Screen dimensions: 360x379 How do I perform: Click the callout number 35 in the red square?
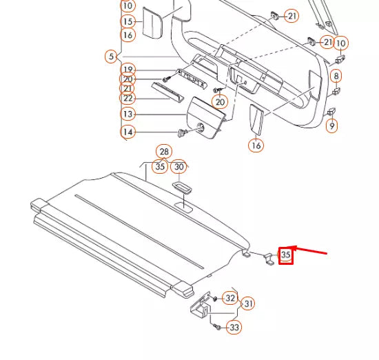coord(286,255)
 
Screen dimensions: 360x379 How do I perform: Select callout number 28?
coord(163,152)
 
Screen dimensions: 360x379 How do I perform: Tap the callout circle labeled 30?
coord(178,167)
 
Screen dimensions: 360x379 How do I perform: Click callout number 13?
coord(127,114)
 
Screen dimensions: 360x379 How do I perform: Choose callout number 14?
coord(127,132)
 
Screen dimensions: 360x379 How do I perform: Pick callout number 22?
coord(127,99)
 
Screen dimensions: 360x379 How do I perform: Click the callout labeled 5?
coord(110,55)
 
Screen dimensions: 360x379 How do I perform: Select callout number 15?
coord(127,22)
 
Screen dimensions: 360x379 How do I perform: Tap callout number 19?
coord(127,69)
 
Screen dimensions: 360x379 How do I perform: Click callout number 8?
coord(336,76)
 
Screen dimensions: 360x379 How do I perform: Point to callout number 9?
coord(332,126)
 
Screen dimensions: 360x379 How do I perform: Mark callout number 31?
coord(248,303)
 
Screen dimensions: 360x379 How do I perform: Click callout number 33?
coord(234,328)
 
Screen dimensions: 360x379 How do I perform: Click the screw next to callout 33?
coord(216,325)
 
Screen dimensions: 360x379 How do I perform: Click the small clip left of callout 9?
coord(331,110)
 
